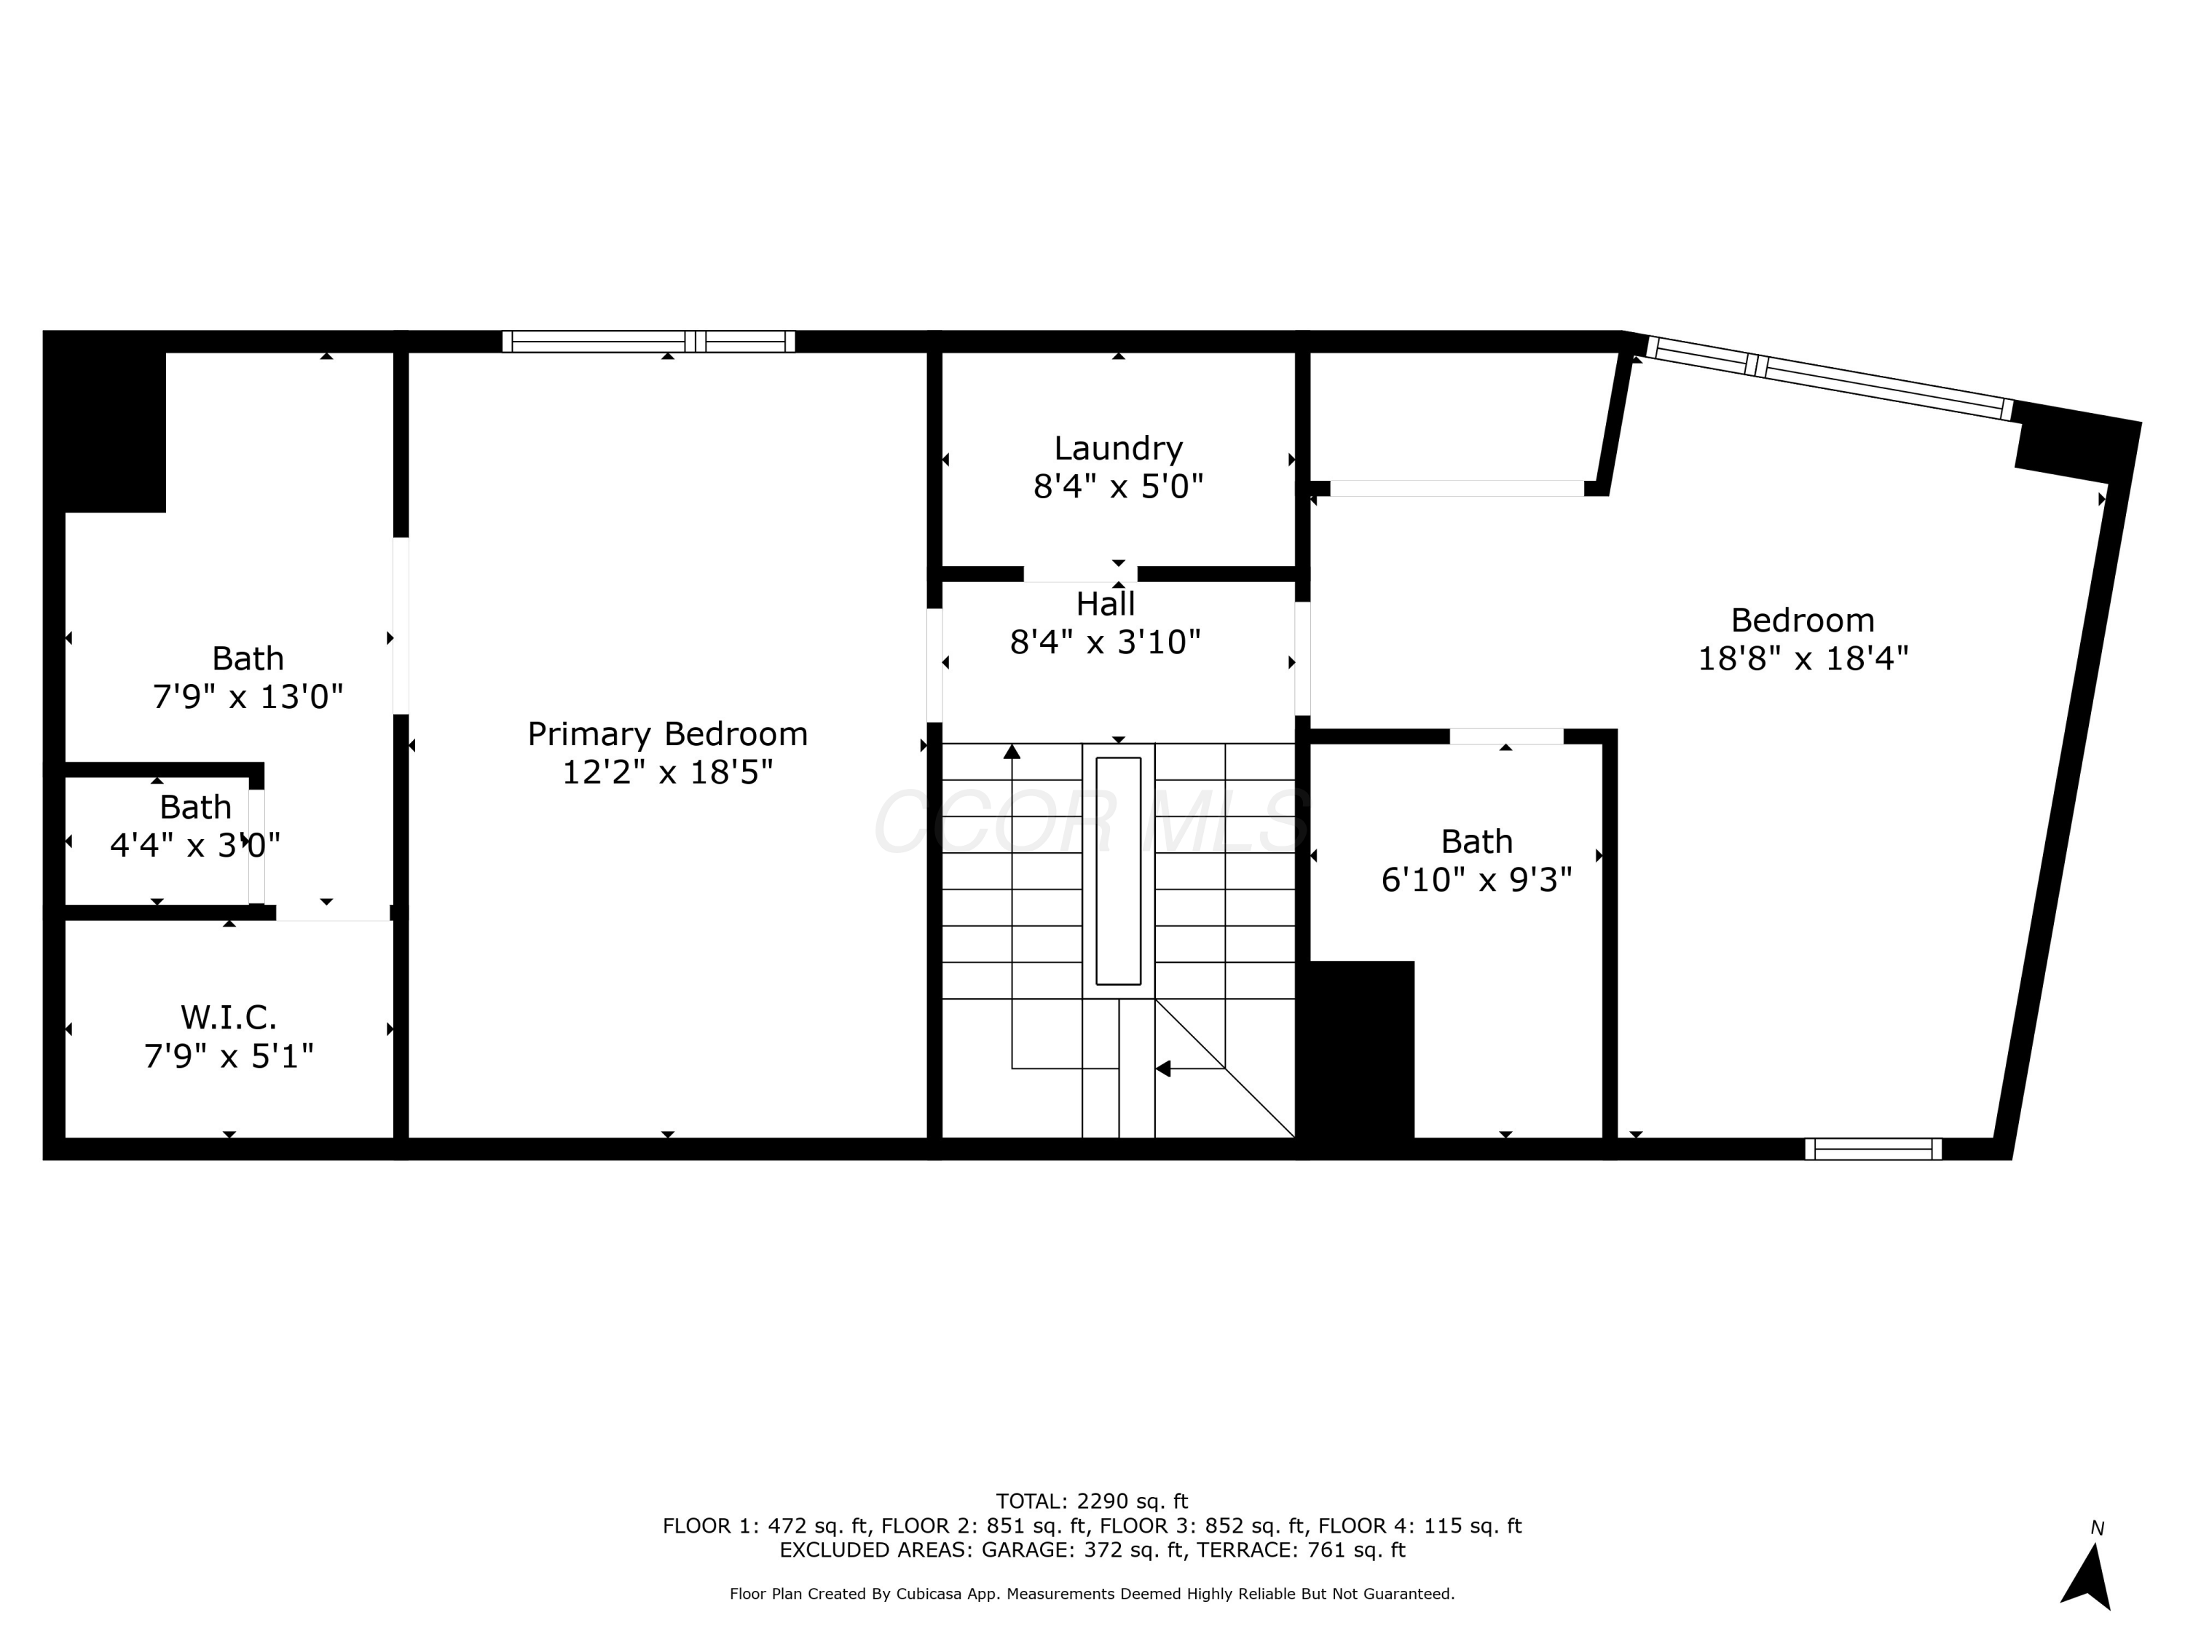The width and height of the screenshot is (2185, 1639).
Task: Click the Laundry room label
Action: (x=1117, y=449)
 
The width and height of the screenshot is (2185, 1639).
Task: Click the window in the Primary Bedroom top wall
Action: (x=648, y=342)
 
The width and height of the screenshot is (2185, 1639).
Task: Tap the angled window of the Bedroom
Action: (x=1830, y=380)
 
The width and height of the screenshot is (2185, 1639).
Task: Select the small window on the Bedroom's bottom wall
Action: (x=1873, y=1149)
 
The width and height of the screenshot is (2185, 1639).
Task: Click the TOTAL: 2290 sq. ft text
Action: (x=1092, y=1501)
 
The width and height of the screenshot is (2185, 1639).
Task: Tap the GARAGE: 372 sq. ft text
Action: (x=1082, y=1550)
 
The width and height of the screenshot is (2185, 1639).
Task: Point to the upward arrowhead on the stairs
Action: (x=1012, y=752)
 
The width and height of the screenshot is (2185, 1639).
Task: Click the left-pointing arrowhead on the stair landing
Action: (x=1162, y=1068)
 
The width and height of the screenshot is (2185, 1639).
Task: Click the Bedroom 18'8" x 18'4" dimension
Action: (x=1802, y=658)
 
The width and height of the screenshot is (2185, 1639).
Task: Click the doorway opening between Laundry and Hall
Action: (x=1079, y=574)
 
